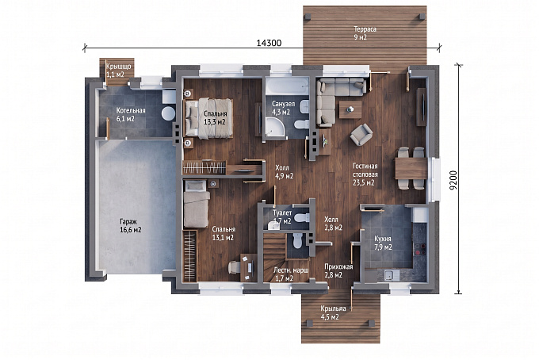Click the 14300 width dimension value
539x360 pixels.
pos(269,43)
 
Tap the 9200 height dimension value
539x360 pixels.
pos(453,180)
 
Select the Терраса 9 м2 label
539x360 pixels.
pos(365,33)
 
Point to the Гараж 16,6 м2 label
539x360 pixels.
pos(131,225)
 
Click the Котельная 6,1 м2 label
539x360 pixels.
pos(131,114)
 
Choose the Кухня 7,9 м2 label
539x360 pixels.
pos(383,243)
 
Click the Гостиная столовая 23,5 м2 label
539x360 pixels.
pos(365,174)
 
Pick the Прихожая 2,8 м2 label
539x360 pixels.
pos(338,270)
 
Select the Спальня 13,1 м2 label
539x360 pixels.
pos(224,233)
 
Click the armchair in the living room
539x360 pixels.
pos(361,135)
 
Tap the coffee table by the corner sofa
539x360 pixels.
pos(350,109)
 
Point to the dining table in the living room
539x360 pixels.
pos(411,168)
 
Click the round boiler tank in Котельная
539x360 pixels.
pos(168,113)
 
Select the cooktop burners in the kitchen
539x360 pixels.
pos(420,249)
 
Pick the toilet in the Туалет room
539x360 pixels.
pos(302,217)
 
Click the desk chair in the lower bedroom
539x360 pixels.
pos(234,267)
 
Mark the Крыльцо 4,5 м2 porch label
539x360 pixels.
pos(330,312)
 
